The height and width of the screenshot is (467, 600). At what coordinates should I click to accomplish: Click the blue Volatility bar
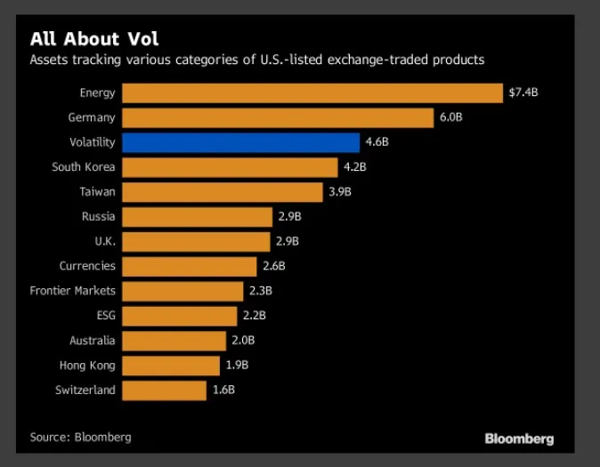(x=240, y=142)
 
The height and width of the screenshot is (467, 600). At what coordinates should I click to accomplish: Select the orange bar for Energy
(x=312, y=93)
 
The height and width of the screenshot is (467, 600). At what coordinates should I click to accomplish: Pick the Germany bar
(x=277, y=117)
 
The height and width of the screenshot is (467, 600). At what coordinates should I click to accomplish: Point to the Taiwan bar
(x=222, y=192)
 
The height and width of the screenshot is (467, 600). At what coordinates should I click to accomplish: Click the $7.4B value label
(x=523, y=93)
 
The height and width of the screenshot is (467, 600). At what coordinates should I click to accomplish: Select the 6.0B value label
(x=450, y=117)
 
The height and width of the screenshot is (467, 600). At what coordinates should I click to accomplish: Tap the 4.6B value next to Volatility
(x=377, y=142)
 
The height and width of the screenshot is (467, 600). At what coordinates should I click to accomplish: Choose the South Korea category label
(x=84, y=167)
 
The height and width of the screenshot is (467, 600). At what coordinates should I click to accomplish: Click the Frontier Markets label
(x=73, y=291)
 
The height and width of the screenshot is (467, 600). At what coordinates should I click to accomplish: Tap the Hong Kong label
(x=89, y=365)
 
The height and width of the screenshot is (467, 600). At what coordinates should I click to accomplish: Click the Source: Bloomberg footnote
(x=80, y=437)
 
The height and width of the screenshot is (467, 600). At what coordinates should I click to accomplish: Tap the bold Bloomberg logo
(x=519, y=439)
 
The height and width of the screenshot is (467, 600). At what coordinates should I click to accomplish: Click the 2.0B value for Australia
(x=243, y=340)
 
